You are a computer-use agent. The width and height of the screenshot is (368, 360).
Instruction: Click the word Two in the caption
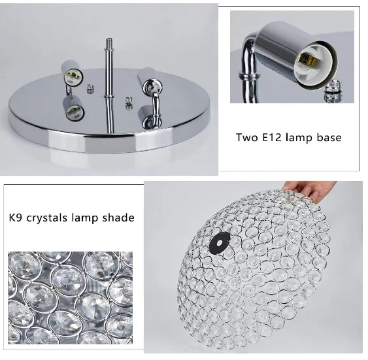click(247, 138)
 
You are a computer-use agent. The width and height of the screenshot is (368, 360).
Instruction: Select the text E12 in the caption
click(273, 138)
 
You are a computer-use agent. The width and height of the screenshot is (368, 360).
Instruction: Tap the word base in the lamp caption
click(327, 138)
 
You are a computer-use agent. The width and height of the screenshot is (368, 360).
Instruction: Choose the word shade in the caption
click(119, 217)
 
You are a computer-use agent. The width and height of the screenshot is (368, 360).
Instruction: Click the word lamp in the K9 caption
click(90, 217)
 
